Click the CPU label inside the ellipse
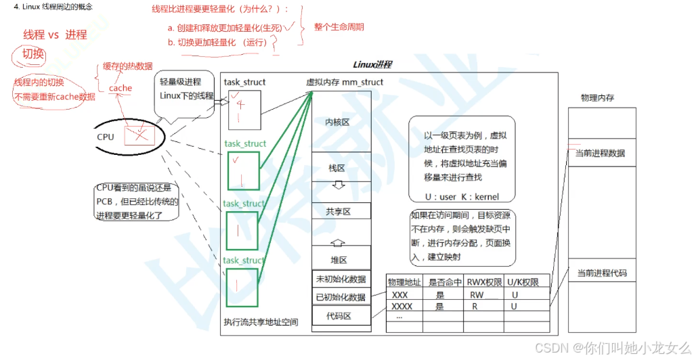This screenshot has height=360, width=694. pos(106,137)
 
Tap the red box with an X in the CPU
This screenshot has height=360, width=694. pos(139,136)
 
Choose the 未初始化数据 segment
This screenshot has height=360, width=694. pos(341,279)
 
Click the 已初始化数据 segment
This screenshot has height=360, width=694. pos(341,297)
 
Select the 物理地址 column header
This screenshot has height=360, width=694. pos(404,282)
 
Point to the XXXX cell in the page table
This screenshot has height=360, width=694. pos(402,307)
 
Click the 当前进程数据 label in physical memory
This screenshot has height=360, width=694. pos(600,154)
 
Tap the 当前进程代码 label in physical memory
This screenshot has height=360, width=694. pos(600,273)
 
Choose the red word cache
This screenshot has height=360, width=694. pos(121,88)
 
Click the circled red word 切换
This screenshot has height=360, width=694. pos(32,54)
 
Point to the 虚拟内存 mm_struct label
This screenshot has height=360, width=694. pos(345,83)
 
